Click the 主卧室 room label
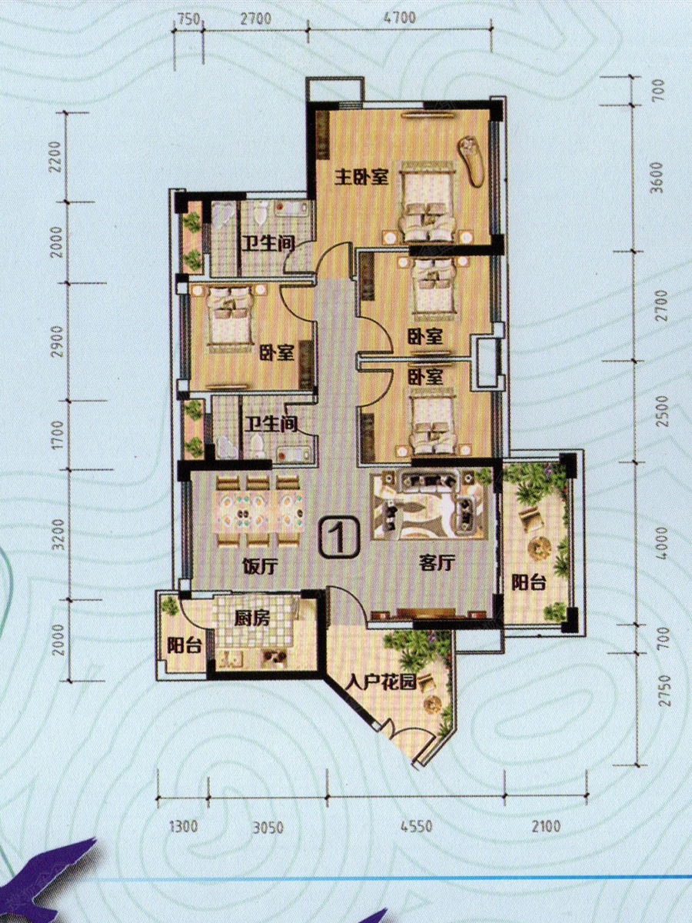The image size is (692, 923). pos(361,178)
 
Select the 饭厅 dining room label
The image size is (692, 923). pos(261,567)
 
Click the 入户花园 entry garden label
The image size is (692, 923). pos(381,683)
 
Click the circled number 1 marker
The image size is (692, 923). pos(341,538)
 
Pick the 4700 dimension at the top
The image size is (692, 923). pos(399,18)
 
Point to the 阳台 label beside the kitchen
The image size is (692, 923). pos(185,646)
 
